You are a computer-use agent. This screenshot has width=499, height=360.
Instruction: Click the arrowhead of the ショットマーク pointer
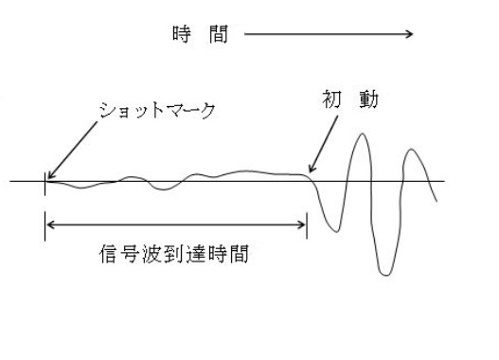(x=47, y=176)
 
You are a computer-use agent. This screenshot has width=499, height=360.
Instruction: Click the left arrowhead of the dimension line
(x=48, y=225)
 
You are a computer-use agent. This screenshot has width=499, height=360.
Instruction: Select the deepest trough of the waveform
(x=383, y=274)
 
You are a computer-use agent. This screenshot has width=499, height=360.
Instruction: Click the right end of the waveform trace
(x=437, y=201)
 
